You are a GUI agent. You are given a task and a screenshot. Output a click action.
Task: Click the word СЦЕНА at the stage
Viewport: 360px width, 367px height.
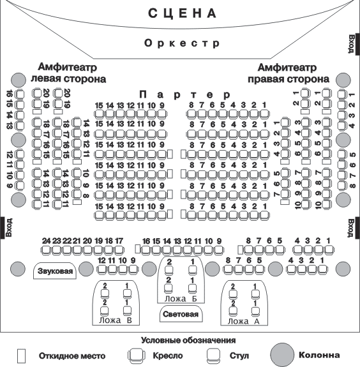(x=182, y=13)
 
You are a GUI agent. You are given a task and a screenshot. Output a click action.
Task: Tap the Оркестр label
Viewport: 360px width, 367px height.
(x=182, y=43)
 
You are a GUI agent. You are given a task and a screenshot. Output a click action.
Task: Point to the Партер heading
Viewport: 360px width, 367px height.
(x=185, y=95)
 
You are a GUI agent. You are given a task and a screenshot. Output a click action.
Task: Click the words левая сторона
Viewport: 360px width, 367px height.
(x=68, y=79)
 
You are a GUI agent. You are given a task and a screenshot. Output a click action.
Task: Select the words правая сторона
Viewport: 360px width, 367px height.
(x=289, y=79)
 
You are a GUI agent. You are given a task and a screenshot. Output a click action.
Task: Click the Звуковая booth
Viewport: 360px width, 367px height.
(x=55, y=271)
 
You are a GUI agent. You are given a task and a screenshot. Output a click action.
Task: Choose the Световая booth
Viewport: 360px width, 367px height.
(x=181, y=314)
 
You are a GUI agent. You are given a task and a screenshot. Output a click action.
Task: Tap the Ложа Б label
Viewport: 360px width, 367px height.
(x=181, y=299)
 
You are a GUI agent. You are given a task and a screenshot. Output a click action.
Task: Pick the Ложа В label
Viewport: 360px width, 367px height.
(x=116, y=320)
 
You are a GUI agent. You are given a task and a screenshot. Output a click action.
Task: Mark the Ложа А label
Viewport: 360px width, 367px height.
(x=244, y=321)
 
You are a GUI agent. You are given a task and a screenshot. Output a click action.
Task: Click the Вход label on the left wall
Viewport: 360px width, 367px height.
(x=9, y=227)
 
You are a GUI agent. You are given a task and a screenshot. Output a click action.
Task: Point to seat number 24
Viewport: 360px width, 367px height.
(x=46, y=241)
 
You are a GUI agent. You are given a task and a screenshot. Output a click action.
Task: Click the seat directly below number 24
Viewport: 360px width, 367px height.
(x=46, y=250)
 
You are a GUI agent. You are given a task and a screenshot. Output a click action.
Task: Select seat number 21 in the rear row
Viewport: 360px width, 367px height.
(x=77, y=241)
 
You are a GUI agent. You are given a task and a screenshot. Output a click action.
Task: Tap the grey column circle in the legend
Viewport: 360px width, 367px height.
(x=282, y=355)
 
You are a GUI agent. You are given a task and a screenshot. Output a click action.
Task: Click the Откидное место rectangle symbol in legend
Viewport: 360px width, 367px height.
(x=22, y=356)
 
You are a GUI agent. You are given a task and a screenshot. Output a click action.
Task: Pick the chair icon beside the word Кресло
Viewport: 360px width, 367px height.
(x=137, y=356)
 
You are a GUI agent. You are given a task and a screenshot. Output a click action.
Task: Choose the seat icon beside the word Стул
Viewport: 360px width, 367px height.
(x=213, y=356)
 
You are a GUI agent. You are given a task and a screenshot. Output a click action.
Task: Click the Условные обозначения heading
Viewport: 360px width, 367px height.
(x=188, y=340)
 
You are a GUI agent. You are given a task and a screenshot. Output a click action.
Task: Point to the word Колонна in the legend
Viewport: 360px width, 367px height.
(x=319, y=355)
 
